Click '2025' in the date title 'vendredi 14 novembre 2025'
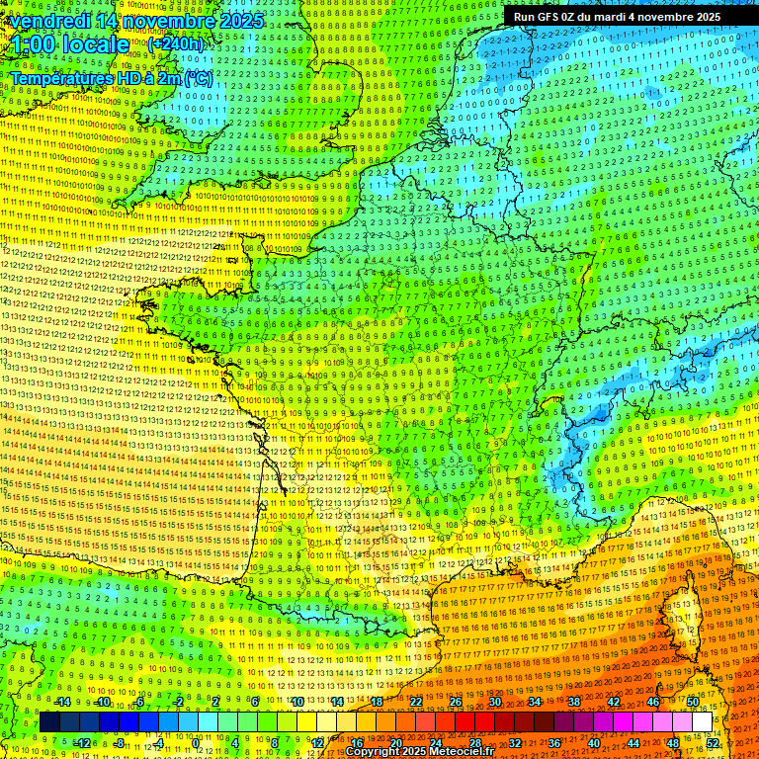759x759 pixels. pos(240,21)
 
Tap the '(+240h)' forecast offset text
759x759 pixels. pos(176,44)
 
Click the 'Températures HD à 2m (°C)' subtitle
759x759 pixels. pos(111,78)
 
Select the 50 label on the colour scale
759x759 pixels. pos(692,703)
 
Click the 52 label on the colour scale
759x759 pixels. pos(713,742)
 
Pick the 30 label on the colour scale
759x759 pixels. pos(494,703)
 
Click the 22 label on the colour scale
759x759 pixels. pos(415,703)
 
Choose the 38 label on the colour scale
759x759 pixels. pos(573,703)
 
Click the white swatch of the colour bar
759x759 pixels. pos(702,722)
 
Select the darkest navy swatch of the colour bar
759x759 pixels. pos(49,722)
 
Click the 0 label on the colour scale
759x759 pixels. pos(196,742)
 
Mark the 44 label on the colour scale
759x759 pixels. pos(632,742)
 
